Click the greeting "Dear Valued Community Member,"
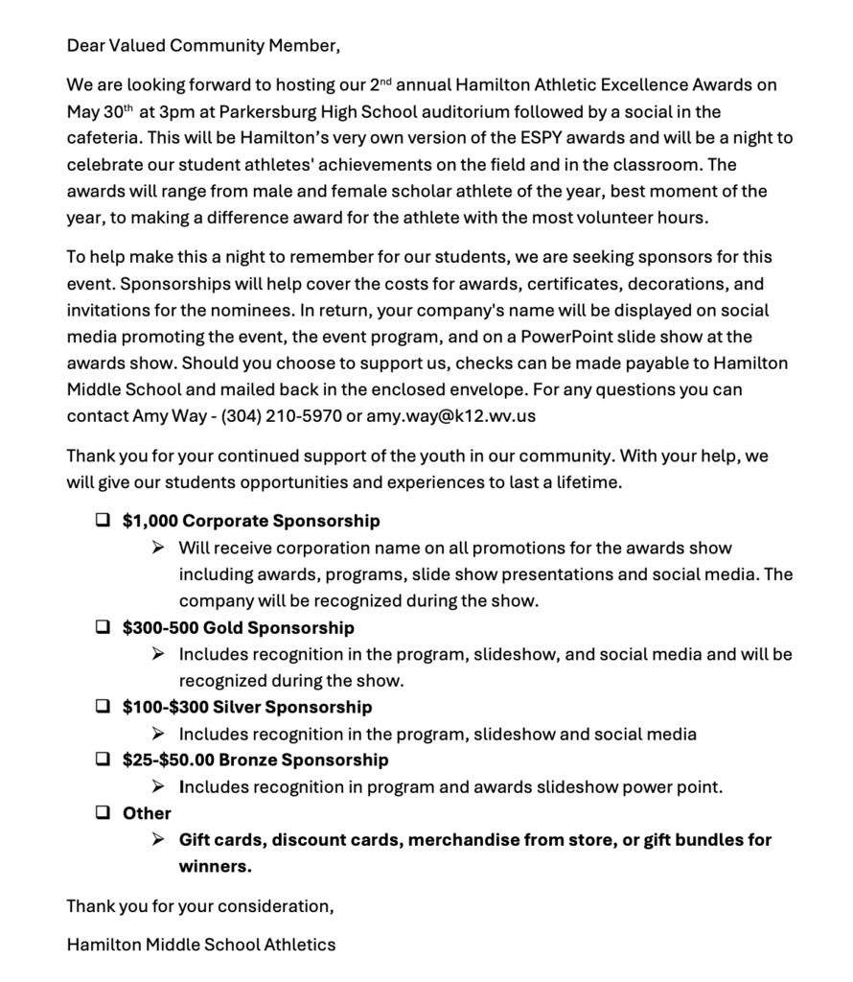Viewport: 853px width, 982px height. coord(203,45)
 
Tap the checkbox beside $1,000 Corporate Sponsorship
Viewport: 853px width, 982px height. coord(103,521)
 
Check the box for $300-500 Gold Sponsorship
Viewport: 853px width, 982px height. coord(103,628)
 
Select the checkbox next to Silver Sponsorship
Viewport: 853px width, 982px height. coord(103,707)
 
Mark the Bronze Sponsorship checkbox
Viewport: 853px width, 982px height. coord(103,760)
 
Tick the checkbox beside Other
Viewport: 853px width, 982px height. coord(103,813)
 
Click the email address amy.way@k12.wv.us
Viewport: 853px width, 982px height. coord(447,417)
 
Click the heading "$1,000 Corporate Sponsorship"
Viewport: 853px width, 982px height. coord(251,521)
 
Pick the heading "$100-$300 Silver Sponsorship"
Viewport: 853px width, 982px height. coord(247,707)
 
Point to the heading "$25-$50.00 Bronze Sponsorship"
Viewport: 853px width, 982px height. coord(255,760)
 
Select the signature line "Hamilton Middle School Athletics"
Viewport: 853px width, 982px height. coord(201,945)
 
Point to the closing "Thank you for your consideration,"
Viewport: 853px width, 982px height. coord(200,905)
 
